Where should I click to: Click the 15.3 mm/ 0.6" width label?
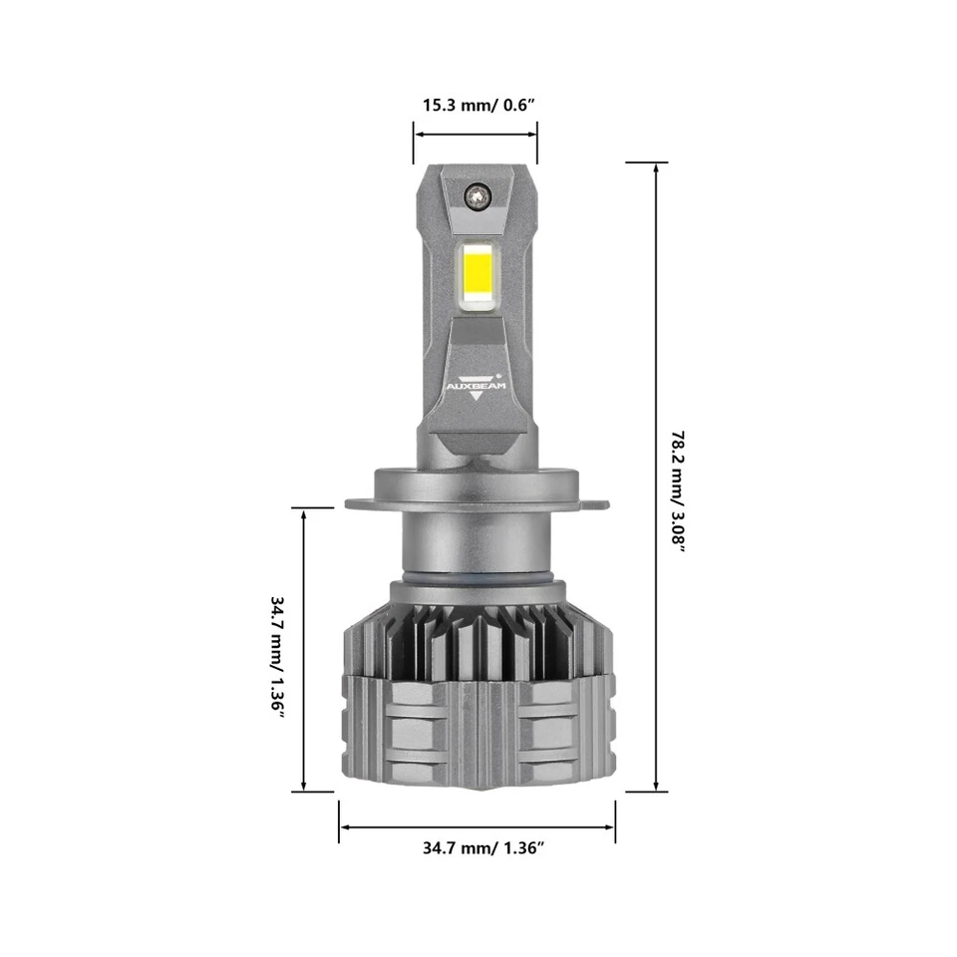click(476, 105)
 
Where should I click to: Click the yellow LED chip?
click(477, 271)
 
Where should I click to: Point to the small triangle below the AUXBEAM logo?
click(477, 394)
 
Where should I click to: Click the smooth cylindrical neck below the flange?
click(477, 543)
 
